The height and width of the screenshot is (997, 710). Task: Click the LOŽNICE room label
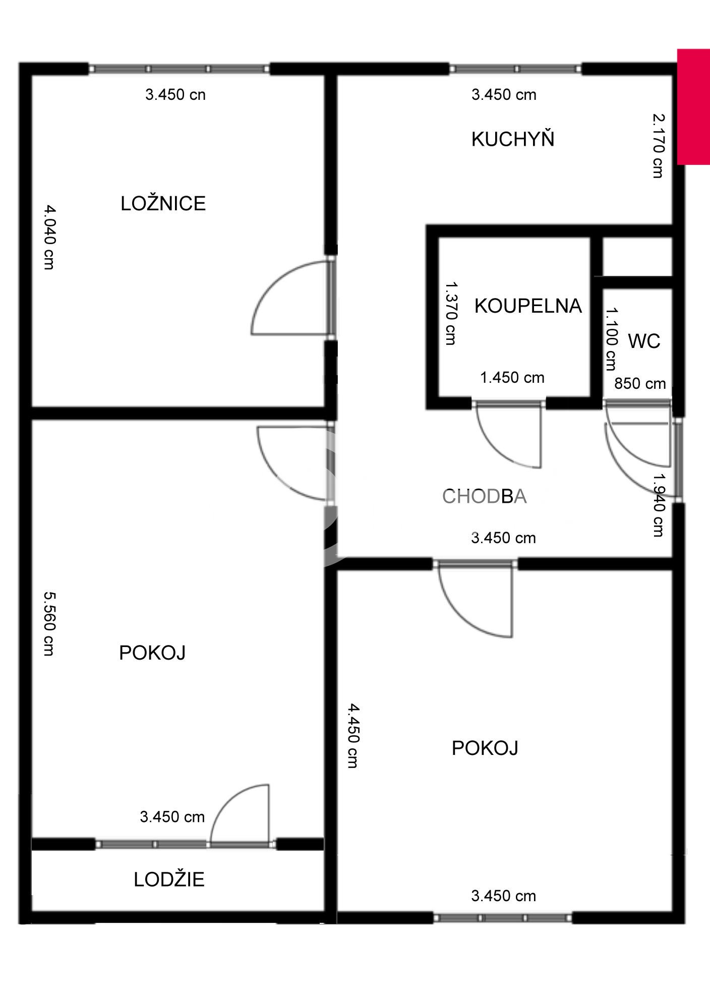point(163,203)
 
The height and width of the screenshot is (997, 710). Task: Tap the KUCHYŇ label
point(513,139)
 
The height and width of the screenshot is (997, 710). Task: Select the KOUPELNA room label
point(528,306)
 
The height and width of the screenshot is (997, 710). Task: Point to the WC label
point(644,341)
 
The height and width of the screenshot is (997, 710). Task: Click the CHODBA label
point(485,497)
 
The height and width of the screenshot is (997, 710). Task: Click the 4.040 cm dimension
point(49,237)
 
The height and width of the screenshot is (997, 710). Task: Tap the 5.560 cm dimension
point(49,624)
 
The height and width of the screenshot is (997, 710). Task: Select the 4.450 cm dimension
point(353,736)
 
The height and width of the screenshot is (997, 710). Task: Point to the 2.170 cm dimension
point(658,146)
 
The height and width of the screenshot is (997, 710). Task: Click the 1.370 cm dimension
point(451,313)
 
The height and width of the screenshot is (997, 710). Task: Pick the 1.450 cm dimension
point(512,378)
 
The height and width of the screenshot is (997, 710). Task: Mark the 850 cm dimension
point(640,384)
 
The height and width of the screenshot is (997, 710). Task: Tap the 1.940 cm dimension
point(658,504)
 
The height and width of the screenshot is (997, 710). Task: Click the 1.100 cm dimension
point(611,339)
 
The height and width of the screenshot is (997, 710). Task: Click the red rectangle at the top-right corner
point(693,107)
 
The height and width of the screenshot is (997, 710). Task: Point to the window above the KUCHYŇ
point(515,69)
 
